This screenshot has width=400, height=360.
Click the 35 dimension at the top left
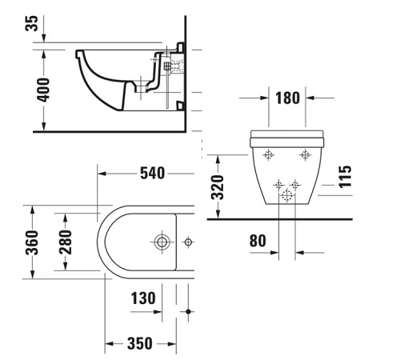point(31,22)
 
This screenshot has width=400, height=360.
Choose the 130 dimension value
point(143,298)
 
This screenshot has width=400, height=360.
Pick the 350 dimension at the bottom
point(138,344)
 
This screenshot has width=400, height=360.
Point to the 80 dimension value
point(258,239)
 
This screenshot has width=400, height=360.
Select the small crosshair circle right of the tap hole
point(189,240)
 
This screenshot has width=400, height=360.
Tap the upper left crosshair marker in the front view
point(270,154)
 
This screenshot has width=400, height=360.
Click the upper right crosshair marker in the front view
point(304,154)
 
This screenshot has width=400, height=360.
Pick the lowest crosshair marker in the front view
point(286,196)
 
